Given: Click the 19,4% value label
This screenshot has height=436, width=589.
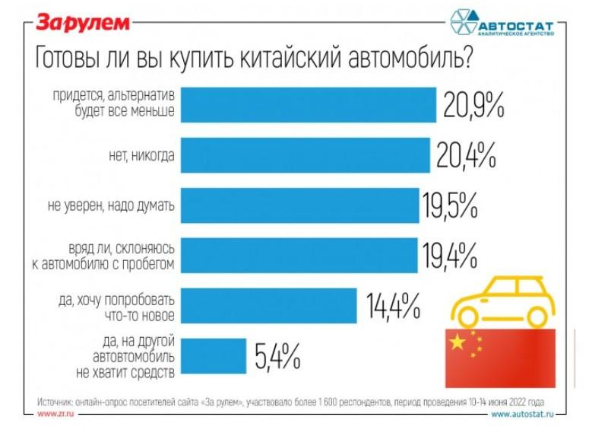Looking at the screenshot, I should click(449, 256).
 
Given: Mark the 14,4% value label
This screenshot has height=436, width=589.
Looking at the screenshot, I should click(393, 306).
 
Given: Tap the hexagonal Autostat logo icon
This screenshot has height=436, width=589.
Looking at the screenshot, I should click(464, 24).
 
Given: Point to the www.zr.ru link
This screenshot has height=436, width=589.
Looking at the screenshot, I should click(55, 414).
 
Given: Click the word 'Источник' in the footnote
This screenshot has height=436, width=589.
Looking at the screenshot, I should click(55, 401).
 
